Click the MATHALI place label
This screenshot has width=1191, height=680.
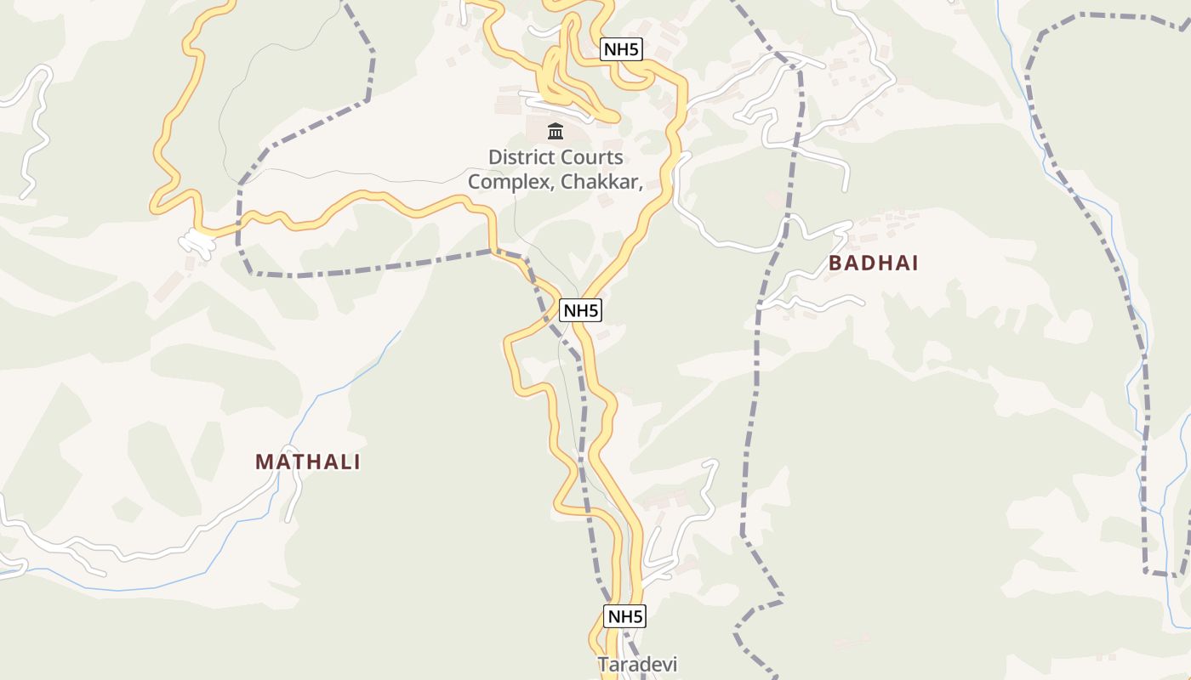(x=308, y=462)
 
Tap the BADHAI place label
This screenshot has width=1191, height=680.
(x=874, y=263)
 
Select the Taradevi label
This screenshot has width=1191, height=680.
(x=637, y=664)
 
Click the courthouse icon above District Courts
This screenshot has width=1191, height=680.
(x=556, y=131)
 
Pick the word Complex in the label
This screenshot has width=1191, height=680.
(x=510, y=181)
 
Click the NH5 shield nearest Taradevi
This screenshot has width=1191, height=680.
(x=625, y=616)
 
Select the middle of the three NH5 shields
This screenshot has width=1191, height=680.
(x=580, y=310)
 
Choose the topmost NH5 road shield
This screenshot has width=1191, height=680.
(x=620, y=49)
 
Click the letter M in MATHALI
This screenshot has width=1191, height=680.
(x=264, y=462)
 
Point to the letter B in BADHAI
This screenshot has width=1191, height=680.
(x=835, y=263)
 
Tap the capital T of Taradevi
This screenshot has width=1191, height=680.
(x=602, y=664)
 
